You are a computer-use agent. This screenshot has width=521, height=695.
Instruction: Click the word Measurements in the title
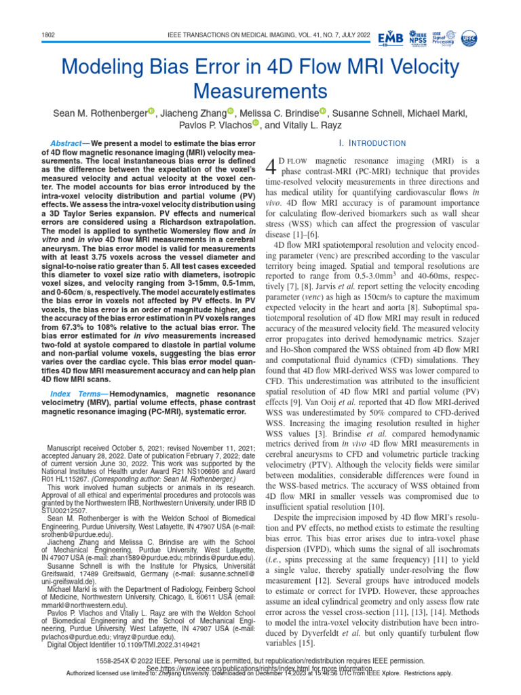260,90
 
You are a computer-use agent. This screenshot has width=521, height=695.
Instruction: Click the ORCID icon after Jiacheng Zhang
230,112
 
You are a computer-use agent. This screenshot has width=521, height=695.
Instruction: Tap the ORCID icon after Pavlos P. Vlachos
256,124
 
